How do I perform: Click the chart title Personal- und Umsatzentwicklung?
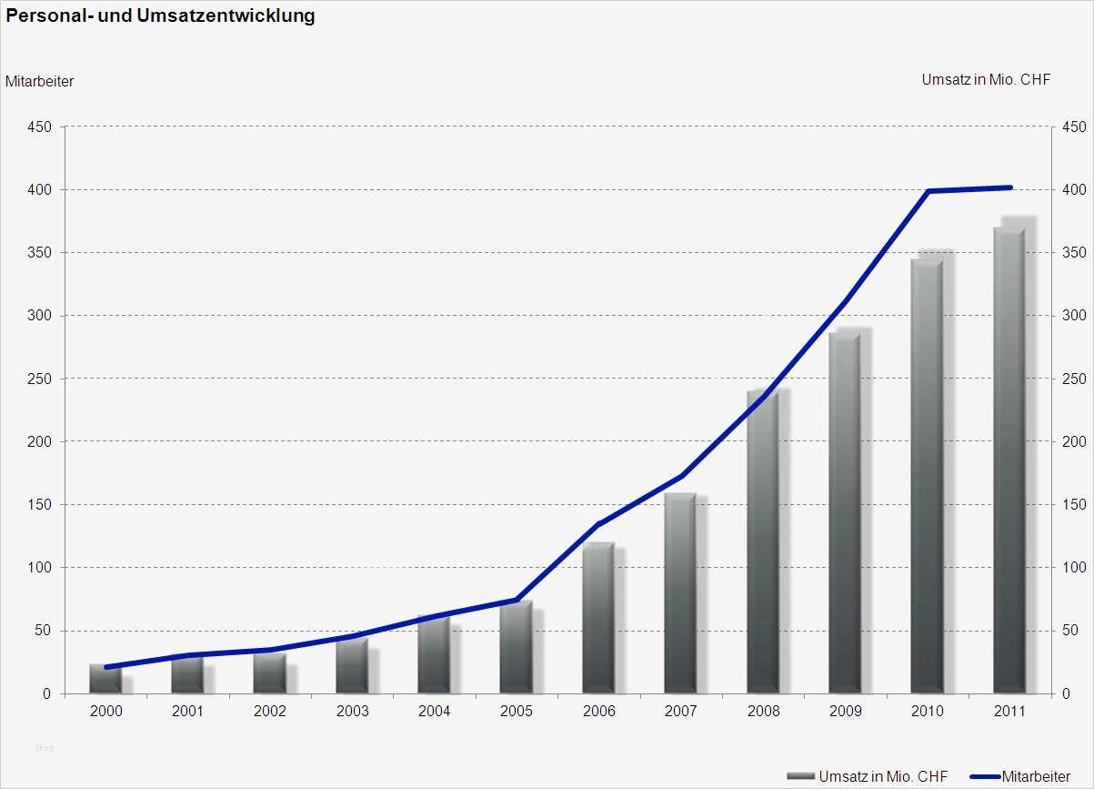pos(161,16)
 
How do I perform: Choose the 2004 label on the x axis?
pos(434,712)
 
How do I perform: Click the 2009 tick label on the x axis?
pos(845,712)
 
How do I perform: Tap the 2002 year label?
pos(270,712)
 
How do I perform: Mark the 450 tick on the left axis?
pos(39,126)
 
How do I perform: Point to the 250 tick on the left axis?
pos(39,379)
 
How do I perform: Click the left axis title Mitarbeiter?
pos(40,81)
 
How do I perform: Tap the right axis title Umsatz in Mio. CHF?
pos(986,79)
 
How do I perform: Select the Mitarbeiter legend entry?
pos(1020,776)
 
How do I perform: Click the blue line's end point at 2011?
pos(1009,187)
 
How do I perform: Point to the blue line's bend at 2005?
pos(517,600)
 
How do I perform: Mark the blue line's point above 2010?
pos(928,191)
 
